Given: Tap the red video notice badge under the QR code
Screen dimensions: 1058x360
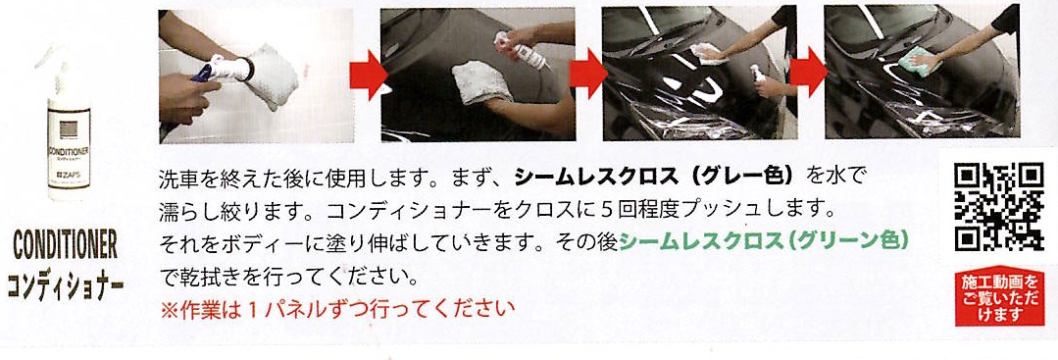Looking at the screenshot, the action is [x=999, y=298].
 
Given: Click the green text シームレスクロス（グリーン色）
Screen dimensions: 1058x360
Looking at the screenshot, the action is [x=763, y=241].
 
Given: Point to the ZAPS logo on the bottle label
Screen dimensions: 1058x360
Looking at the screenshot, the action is [x=68, y=181].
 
